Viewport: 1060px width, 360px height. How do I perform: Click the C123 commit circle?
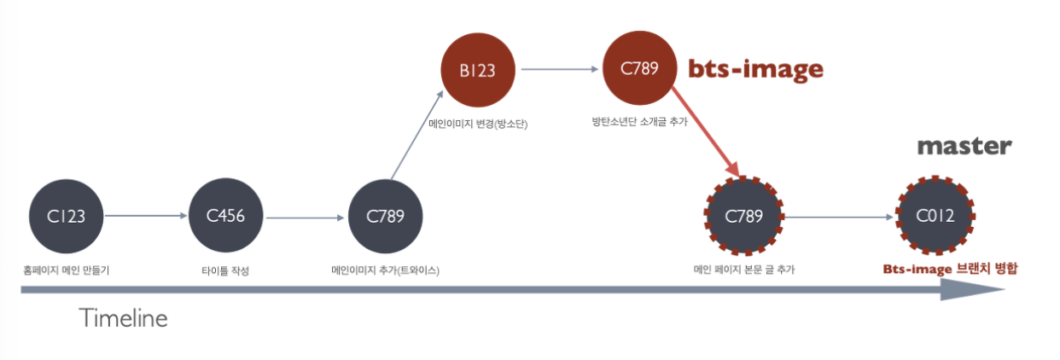pos(67,216)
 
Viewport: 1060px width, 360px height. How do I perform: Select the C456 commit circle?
pos(226,216)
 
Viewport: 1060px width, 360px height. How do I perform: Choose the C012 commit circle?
pos(935,216)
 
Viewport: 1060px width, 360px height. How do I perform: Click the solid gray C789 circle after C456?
pos(386,216)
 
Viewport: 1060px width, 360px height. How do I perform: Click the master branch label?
pos(964,147)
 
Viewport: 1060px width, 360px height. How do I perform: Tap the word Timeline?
pos(124,319)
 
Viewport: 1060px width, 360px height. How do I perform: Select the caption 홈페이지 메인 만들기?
pos(66,270)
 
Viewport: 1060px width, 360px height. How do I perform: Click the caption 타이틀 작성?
pos(225,270)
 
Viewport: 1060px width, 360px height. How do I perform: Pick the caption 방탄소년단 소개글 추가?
pos(639,122)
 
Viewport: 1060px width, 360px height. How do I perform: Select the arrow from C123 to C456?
pos(147,216)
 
